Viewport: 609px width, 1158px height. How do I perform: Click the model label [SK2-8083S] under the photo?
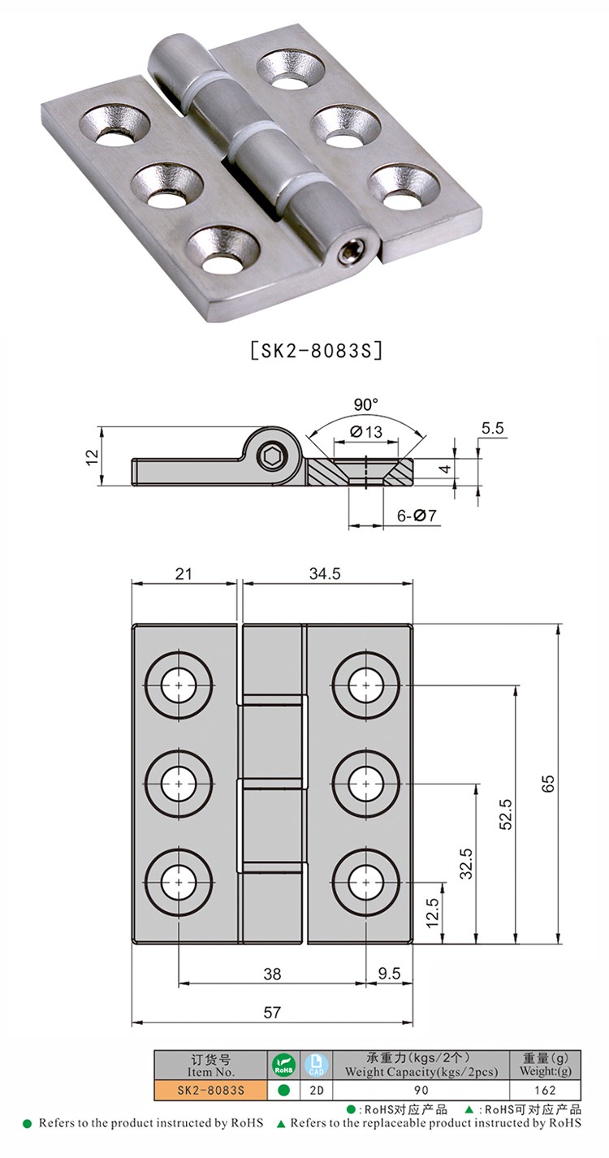316,351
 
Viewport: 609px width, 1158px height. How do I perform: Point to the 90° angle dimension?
366,404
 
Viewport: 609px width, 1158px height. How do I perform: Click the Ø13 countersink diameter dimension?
366,430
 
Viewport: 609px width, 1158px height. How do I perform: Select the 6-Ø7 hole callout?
417,515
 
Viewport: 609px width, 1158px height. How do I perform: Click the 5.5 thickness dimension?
492,428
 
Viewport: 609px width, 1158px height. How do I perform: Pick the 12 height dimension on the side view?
92,456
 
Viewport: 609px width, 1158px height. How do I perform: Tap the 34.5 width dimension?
325,573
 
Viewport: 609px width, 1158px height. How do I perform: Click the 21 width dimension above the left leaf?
184,573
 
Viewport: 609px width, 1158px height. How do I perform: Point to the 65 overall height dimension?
548,783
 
